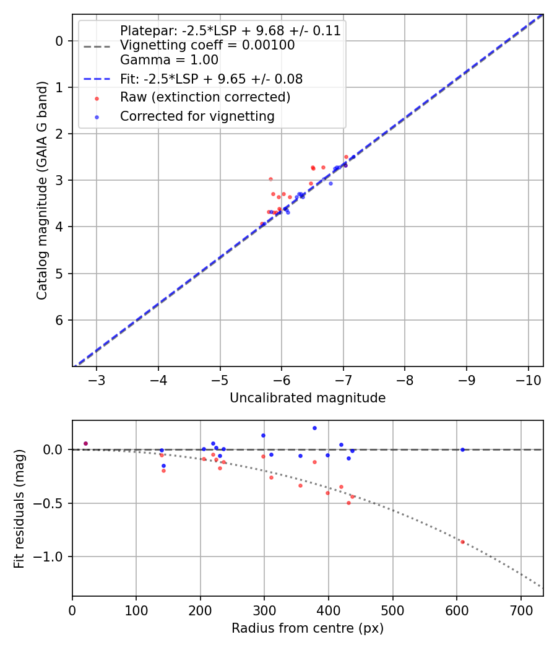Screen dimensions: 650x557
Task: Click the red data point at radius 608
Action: point(462,542)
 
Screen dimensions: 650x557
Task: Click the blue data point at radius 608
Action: point(462,449)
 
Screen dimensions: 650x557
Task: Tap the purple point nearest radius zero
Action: point(85,443)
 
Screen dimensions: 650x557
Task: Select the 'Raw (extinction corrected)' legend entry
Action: point(205,98)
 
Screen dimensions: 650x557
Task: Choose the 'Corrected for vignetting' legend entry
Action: point(197,116)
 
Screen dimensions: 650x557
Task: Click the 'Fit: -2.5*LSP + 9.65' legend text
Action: point(211,79)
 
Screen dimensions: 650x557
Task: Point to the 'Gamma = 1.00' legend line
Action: point(169,60)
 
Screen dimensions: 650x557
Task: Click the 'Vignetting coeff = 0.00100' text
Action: point(207,45)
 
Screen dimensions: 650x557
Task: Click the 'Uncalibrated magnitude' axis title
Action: point(308,398)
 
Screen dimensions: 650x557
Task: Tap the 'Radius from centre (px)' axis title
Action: point(308,628)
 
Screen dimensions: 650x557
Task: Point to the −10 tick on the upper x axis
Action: point(527,379)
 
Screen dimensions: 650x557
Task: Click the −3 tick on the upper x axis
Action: point(97,379)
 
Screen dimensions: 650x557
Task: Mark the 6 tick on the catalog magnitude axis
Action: point(60,320)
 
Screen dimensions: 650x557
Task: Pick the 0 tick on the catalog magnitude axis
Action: point(60,41)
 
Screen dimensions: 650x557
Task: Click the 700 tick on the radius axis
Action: point(520,610)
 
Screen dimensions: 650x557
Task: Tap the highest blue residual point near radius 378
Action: point(314,428)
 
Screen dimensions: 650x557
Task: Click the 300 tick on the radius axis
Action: point(264,610)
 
